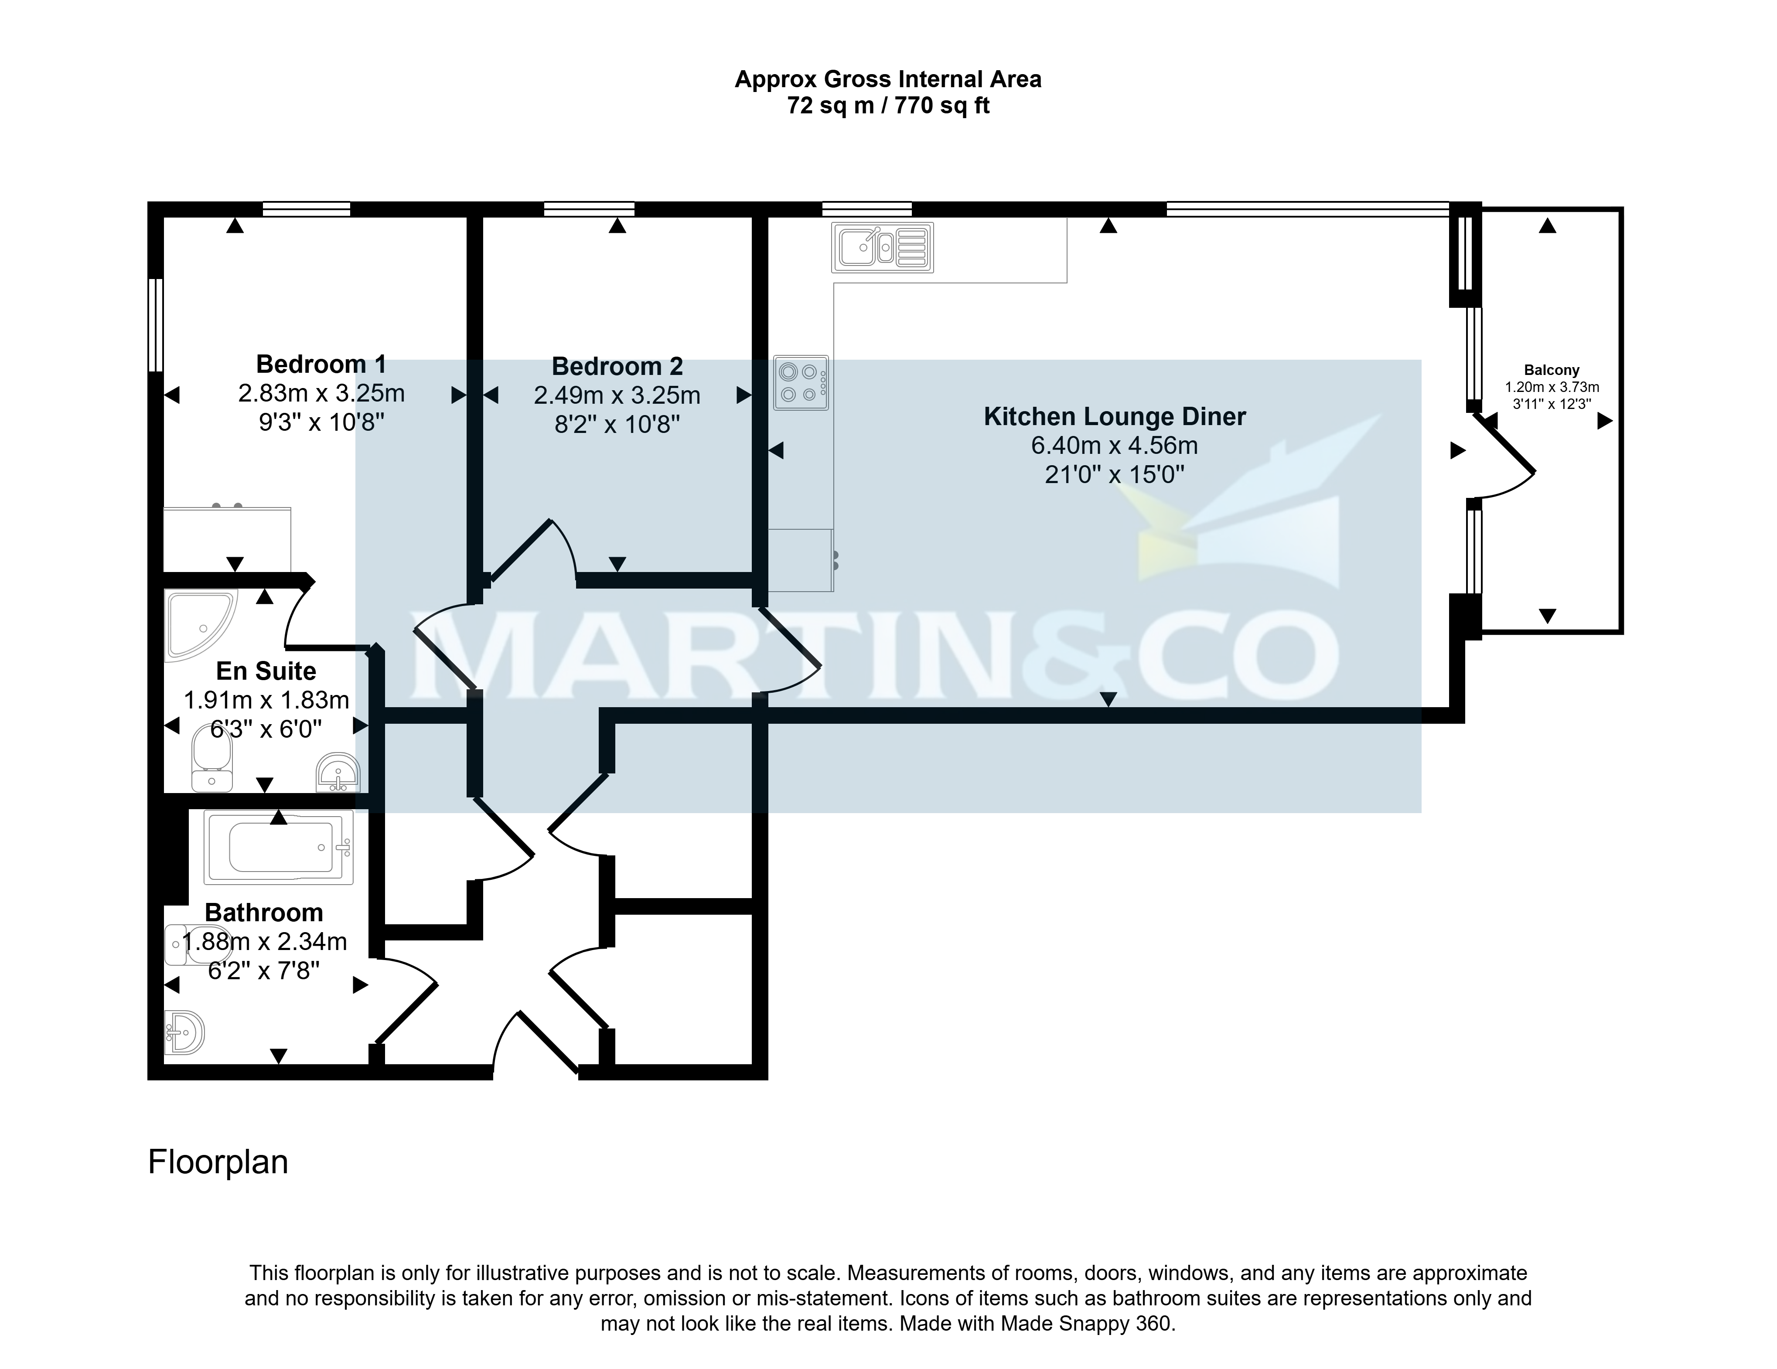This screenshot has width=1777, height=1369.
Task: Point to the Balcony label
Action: point(1552,370)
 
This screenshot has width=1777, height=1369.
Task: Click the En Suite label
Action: point(266,671)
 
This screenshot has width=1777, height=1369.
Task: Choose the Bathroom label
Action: point(264,913)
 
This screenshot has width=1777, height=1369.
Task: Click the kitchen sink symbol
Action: point(882,247)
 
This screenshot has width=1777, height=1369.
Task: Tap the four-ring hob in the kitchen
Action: point(802,382)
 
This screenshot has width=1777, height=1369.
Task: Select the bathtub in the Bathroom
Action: point(278,848)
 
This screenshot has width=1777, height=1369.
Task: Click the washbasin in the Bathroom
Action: point(184,1032)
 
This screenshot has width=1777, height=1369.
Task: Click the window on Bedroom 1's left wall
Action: point(155,325)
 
